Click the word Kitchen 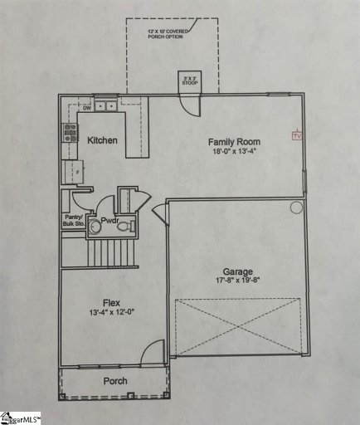point(103,140)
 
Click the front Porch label point(115,381)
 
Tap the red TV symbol point(293,134)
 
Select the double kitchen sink point(105,105)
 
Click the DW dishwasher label point(86,106)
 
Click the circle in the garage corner point(296,208)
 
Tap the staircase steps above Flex point(112,251)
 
